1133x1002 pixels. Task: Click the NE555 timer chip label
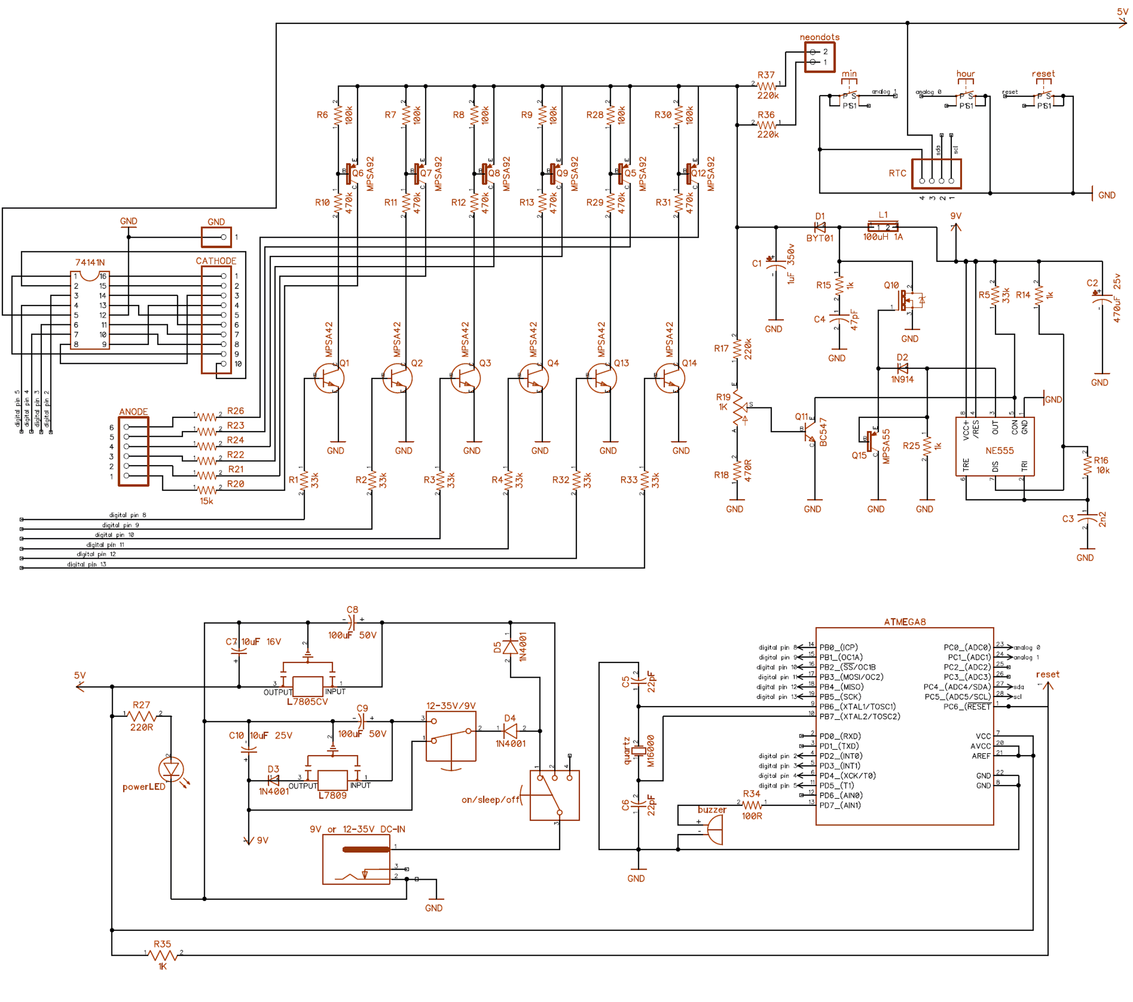999,451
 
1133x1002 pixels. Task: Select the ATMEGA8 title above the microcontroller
905,622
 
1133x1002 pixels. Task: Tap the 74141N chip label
90,262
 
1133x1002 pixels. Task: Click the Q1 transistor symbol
329,378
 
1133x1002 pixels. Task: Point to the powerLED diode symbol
171,769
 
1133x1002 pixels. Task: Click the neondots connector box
819,57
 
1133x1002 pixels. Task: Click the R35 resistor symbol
162,955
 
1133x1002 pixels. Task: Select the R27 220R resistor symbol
142,716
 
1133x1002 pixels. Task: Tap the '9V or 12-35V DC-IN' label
358,829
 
